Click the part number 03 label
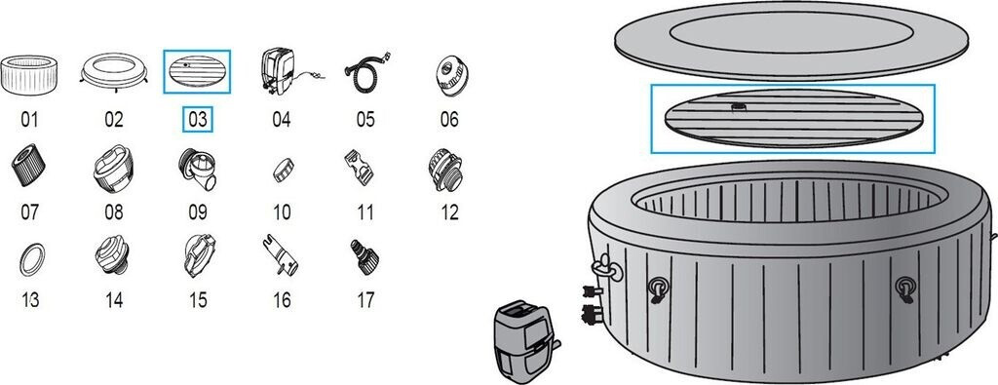(x=197, y=120)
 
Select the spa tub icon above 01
(x=29, y=75)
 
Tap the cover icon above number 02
(x=114, y=71)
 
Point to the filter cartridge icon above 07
(x=28, y=165)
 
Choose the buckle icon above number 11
(x=359, y=167)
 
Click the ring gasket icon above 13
(x=32, y=259)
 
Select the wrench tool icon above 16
(x=281, y=254)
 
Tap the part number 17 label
(x=365, y=300)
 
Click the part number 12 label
(x=449, y=212)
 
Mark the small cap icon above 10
(x=284, y=170)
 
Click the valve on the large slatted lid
(x=739, y=107)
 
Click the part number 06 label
(x=449, y=120)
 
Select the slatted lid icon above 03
(x=197, y=71)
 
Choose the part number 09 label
(x=197, y=212)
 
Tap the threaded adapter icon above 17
(x=365, y=256)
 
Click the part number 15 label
(x=198, y=300)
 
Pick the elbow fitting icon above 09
(x=197, y=169)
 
